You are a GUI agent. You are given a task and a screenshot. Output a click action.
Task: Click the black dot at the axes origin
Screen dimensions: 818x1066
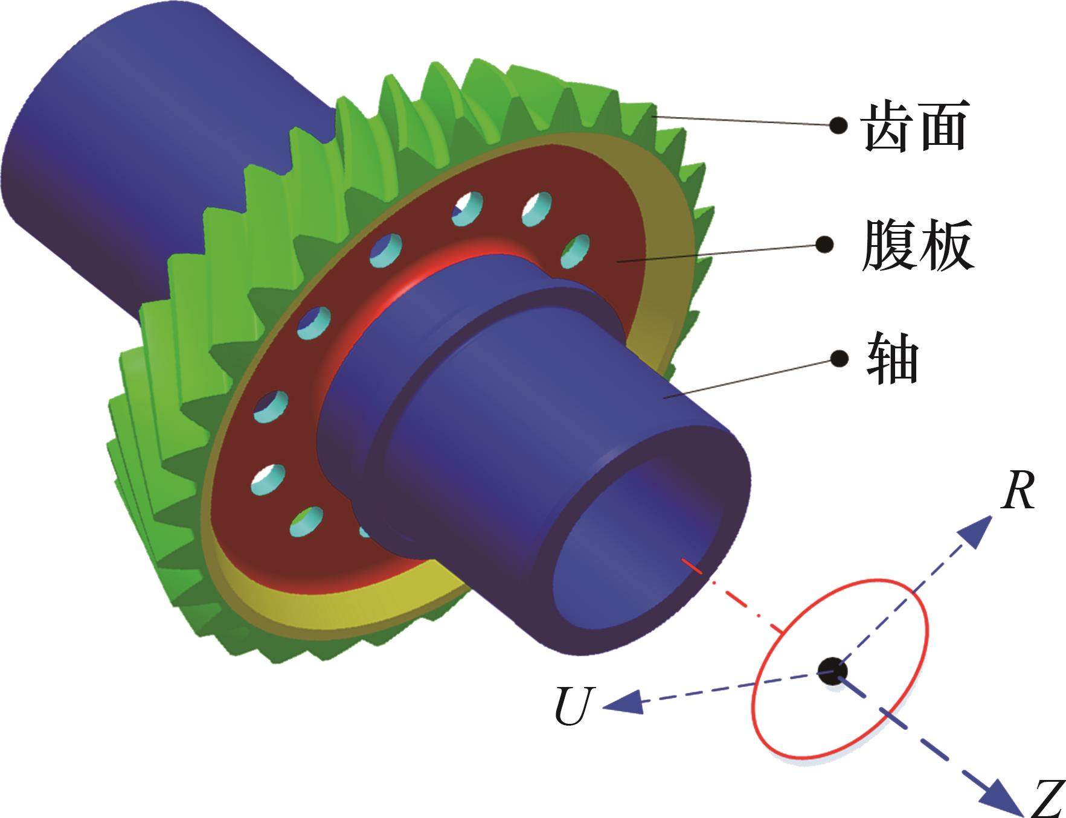coord(833,670)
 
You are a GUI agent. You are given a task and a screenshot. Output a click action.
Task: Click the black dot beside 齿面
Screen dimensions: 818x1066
coord(837,125)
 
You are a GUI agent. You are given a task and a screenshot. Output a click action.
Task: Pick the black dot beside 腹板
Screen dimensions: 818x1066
coord(824,244)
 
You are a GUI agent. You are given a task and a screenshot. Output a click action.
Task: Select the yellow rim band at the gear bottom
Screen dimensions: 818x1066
coord(338,610)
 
